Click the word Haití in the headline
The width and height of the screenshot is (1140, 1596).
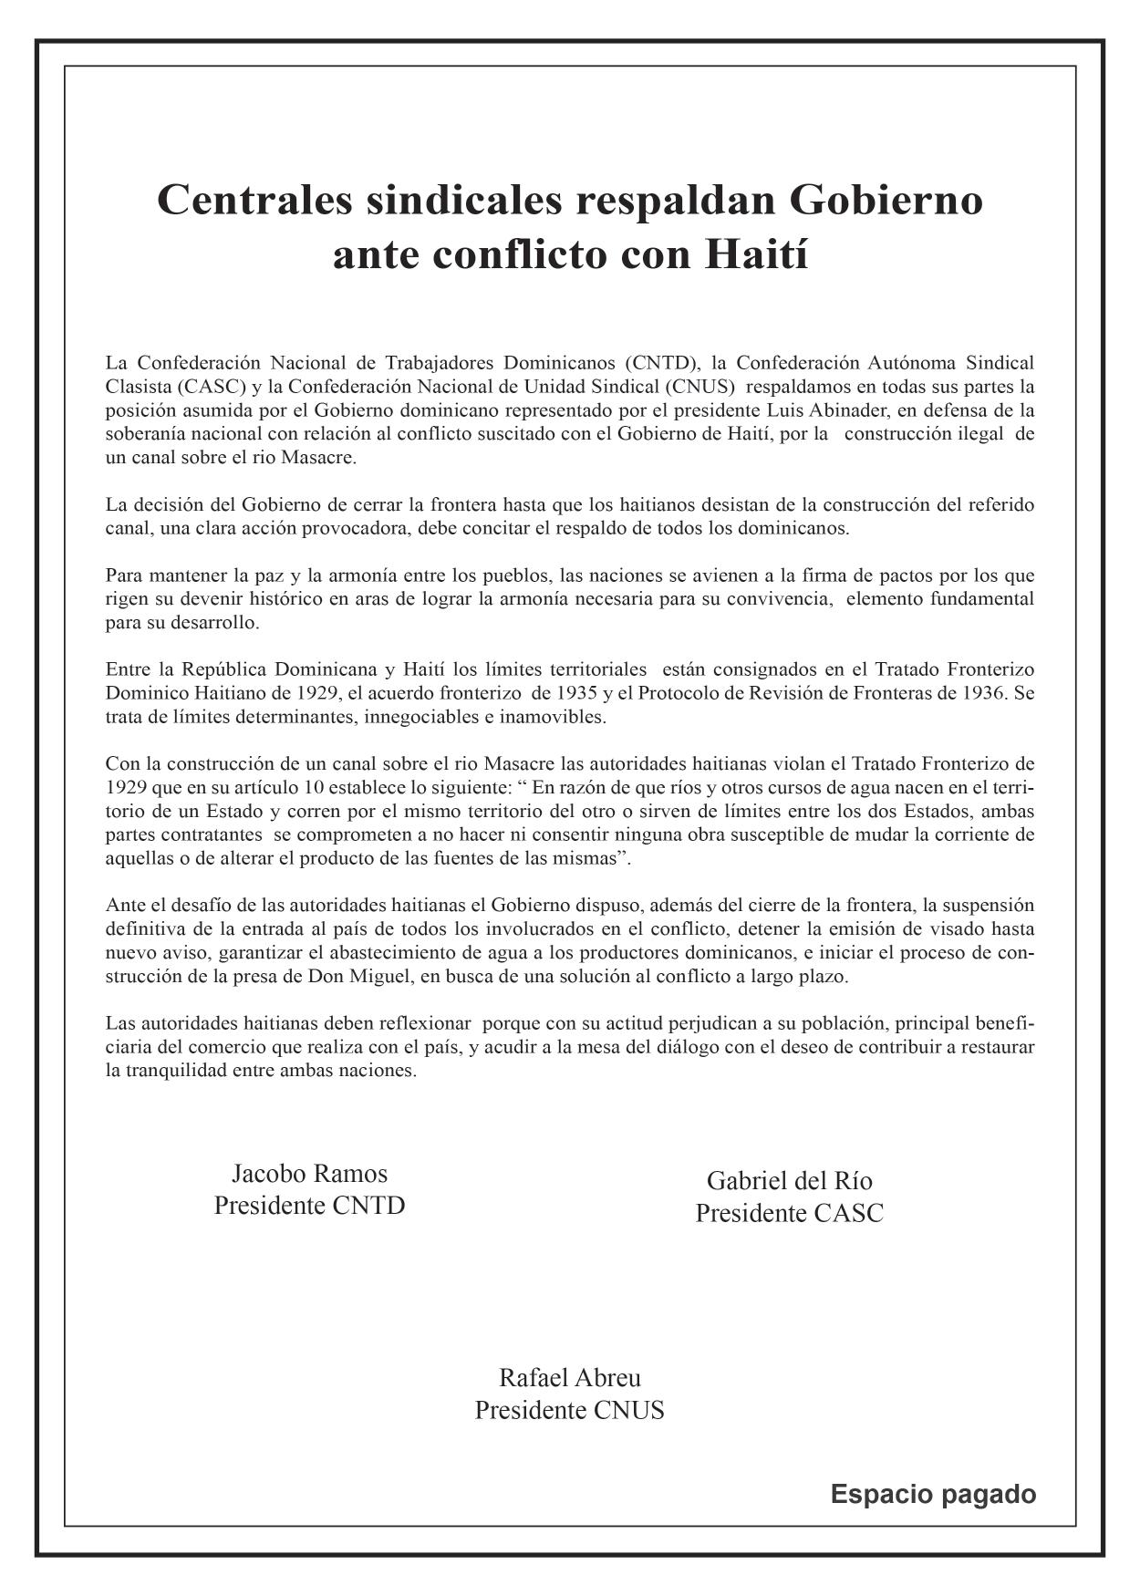pos(757,254)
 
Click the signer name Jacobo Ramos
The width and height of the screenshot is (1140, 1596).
pos(309,1173)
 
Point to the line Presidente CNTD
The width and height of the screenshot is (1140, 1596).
pos(309,1206)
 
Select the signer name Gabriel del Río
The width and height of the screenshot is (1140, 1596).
pos(789,1181)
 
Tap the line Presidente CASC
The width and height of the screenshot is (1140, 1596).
pos(789,1214)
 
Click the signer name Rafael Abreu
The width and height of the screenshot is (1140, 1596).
pos(569,1377)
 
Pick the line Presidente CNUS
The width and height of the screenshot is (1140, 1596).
pos(569,1410)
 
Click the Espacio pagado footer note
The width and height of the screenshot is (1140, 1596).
pos(933,1494)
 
